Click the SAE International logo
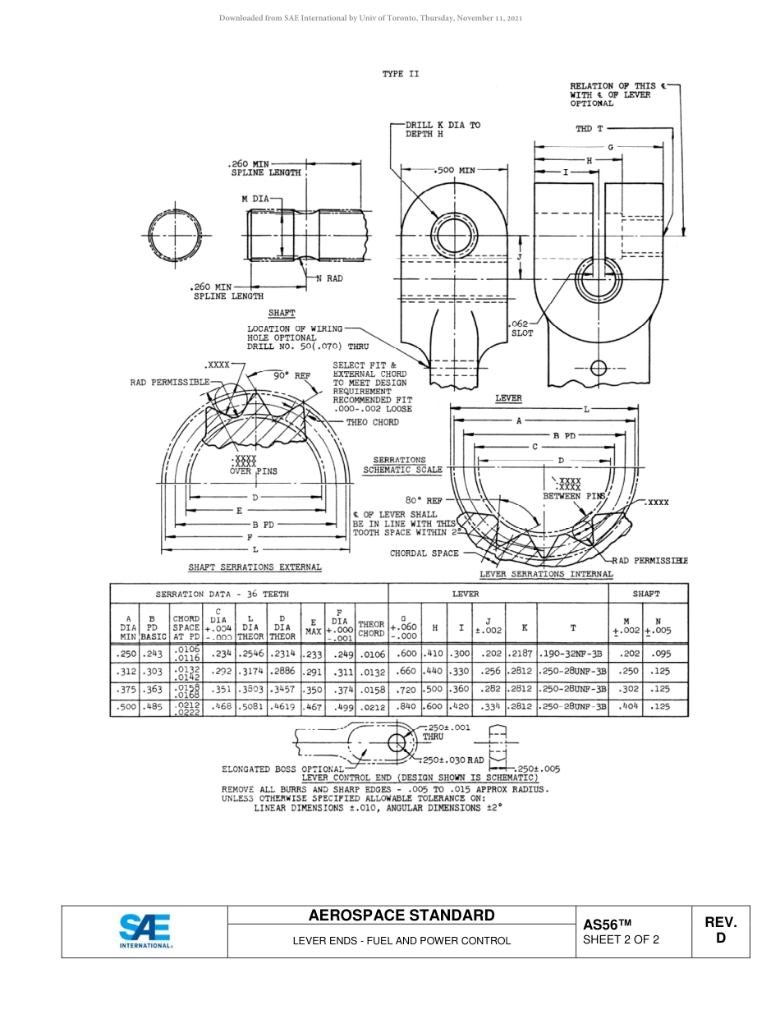(x=145, y=931)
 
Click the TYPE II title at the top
(x=400, y=74)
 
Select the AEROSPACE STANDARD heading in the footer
(x=401, y=916)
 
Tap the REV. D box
(x=720, y=930)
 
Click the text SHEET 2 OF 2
(x=621, y=939)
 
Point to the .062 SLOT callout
(x=521, y=328)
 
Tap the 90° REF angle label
(x=291, y=374)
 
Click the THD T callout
(x=589, y=129)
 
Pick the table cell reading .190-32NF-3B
(x=572, y=654)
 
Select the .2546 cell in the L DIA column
(x=250, y=654)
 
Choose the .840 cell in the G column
(x=406, y=706)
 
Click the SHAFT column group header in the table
(x=646, y=594)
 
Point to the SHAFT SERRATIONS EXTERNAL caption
(x=255, y=567)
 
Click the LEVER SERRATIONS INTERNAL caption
(x=546, y=575)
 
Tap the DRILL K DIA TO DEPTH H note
(x=442, y=129)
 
